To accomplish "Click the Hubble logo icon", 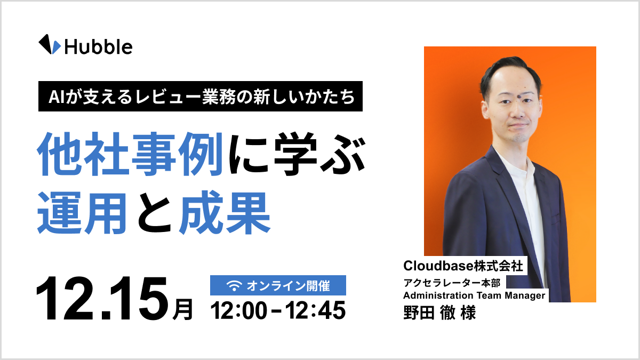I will pyautogui.click(x=50, y=44).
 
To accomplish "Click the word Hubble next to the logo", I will pyautogui.click(x=98, y=46).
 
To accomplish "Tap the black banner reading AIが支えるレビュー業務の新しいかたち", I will pyautogui.click(x=201, y=97).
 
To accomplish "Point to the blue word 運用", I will pyautogui.click(x=82, y=212).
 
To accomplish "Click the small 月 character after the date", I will pyautogui.click(x=183, y=309).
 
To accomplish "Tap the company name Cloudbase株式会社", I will pyautogui.click(x=463, y=265).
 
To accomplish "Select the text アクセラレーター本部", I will pyautogui.click(x=451, y=283).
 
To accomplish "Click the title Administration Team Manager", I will pyautogui.click(x=474, y=295).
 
